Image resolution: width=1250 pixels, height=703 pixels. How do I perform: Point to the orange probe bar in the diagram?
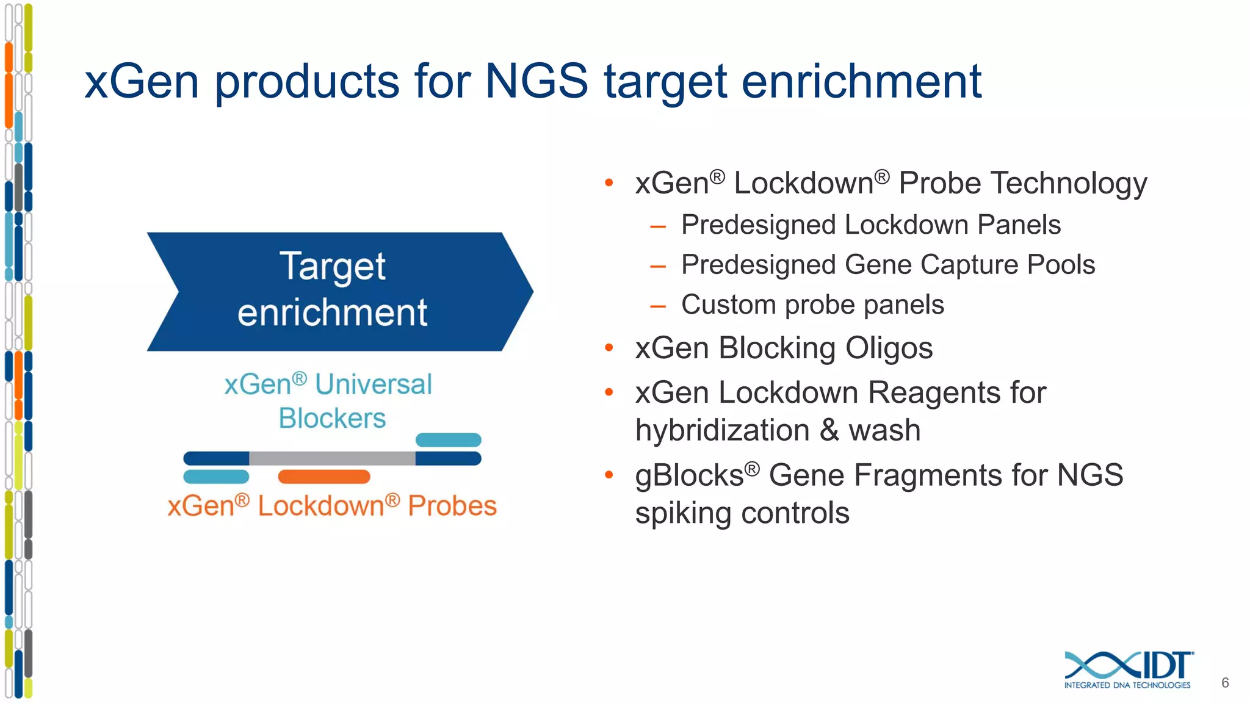[x=323, y=477]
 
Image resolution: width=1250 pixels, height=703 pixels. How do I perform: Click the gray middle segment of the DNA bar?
[x=332, y=458]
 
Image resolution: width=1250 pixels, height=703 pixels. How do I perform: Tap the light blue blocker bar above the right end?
[x=449, y=440]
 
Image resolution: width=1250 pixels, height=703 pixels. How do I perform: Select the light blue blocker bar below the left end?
[x=216, y=477]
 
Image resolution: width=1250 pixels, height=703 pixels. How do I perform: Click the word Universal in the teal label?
[x=374, y=384]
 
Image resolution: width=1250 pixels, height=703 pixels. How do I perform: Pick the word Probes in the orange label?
[x=452, y=506]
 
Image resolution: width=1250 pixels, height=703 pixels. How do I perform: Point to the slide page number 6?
[x=1224, y=683]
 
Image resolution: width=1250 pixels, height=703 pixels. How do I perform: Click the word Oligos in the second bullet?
[x=889, y=348]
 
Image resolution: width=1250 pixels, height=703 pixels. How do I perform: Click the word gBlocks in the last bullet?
[x=688, y=475]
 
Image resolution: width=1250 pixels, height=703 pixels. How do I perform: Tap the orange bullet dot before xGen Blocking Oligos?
[x=609, y=348]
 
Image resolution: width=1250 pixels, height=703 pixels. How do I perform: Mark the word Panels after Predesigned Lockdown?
[x=1019, y=225]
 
